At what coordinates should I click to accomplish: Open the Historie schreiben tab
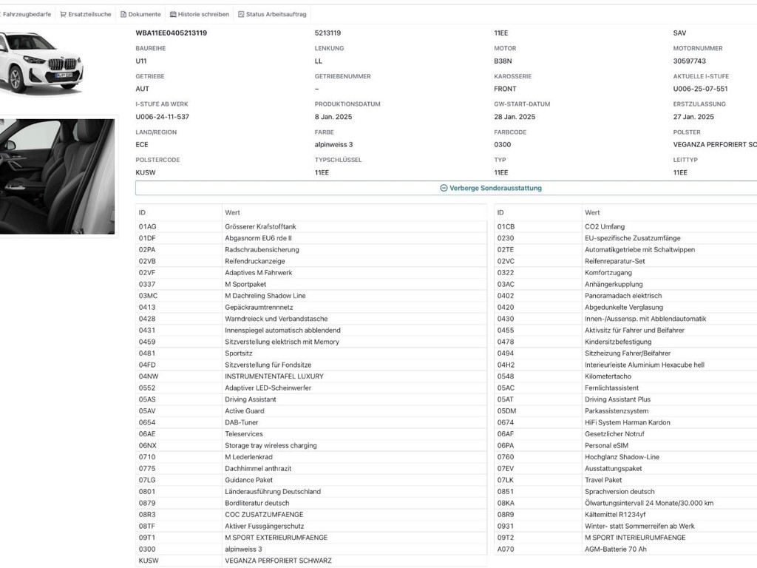click(199, 14)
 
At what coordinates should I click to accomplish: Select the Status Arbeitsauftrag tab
click(272, 14)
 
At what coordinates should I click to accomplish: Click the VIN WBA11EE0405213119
click(171, 33)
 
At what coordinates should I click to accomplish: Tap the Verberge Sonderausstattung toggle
click(491, 188)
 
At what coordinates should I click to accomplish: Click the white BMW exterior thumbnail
click(42, 63)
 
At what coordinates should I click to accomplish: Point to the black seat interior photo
click(57, 176)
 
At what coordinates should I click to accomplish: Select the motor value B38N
click(503, 61)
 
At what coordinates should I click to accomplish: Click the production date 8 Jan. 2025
click(336, 117)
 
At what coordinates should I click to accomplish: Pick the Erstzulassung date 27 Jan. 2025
click(693, 117)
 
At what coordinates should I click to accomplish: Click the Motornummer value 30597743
click(689, 61)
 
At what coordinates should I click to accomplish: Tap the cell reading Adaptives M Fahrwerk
click(258, 273)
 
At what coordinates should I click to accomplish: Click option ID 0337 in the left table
click(147, 284)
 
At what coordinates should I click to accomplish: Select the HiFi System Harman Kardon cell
click(627, 422)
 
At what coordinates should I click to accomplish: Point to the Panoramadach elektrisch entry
click(623, 296)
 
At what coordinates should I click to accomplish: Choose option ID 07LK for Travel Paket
click(506, 480)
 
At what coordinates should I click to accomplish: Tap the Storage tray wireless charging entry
click(271, 445)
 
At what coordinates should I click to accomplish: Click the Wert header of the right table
click(592, 212)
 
